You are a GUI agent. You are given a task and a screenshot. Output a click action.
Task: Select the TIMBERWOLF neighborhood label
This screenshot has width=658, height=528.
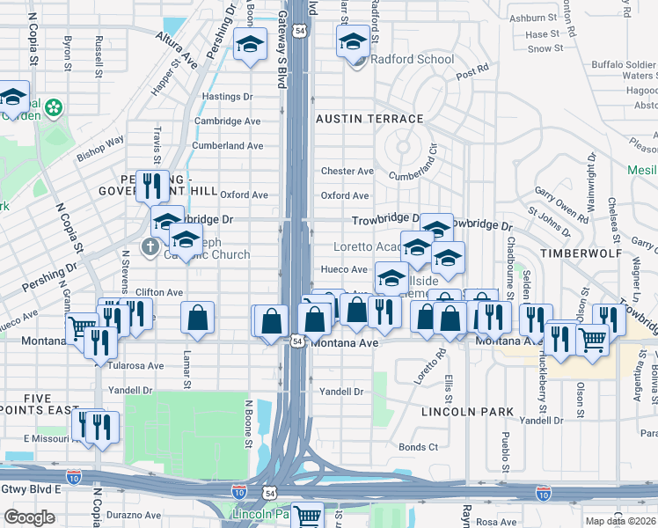click(576, 253)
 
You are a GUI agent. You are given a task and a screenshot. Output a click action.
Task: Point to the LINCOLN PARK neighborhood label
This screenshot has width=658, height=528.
click(466, 411)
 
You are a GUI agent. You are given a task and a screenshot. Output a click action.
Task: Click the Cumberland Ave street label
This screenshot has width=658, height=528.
click(228, 146)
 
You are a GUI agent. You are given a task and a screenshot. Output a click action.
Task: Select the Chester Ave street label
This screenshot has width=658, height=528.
click(347, 171)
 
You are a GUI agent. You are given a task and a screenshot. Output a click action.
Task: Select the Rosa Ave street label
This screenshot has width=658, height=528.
click(495, 522)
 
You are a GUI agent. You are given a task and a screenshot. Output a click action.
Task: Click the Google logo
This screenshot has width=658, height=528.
click(29, 517)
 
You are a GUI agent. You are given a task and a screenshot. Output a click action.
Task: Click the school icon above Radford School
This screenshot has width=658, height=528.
click(352, 41)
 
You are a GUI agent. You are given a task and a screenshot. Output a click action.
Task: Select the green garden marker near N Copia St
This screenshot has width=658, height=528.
click(55, 107)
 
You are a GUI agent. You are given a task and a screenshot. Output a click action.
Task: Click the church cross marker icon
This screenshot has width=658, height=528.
click(150, 247)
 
